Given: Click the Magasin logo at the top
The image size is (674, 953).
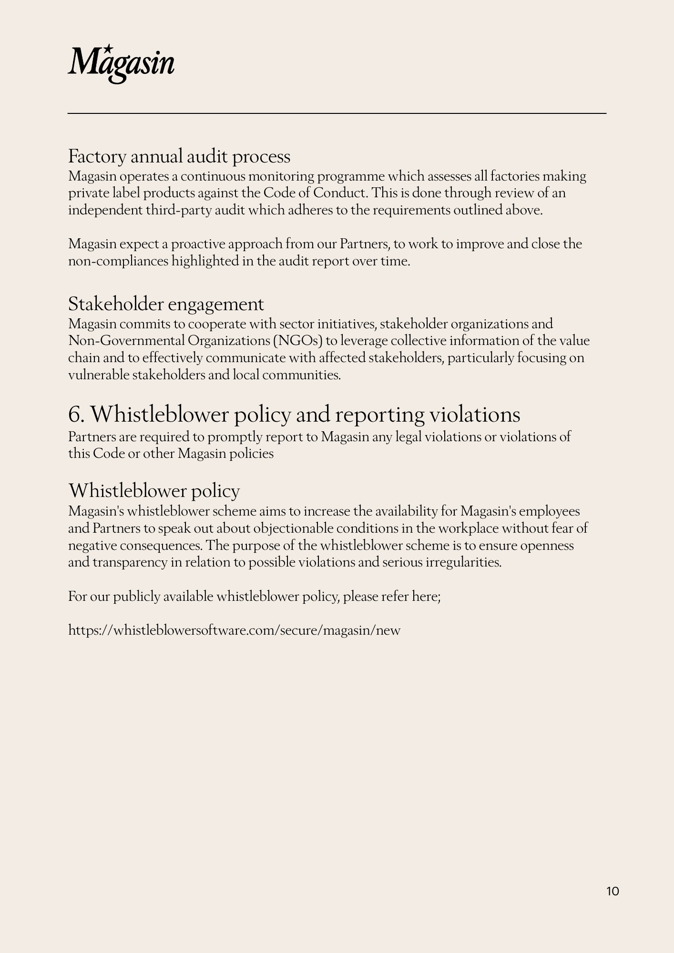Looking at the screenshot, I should (x=121, y=64).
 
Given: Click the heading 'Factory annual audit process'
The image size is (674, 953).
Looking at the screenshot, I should (x=179, y=156).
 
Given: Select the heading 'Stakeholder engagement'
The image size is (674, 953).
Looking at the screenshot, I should (x=166, y=304).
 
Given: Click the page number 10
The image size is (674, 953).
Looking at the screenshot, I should (x=613, y=891).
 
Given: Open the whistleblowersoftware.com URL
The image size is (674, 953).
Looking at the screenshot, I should (x=234, y=630).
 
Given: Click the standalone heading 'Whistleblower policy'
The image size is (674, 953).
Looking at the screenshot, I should (x=154, y=491).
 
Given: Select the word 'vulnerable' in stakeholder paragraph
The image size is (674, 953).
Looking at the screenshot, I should (x=98, y=375).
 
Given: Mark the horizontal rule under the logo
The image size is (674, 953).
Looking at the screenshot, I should (x=337, y=113).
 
